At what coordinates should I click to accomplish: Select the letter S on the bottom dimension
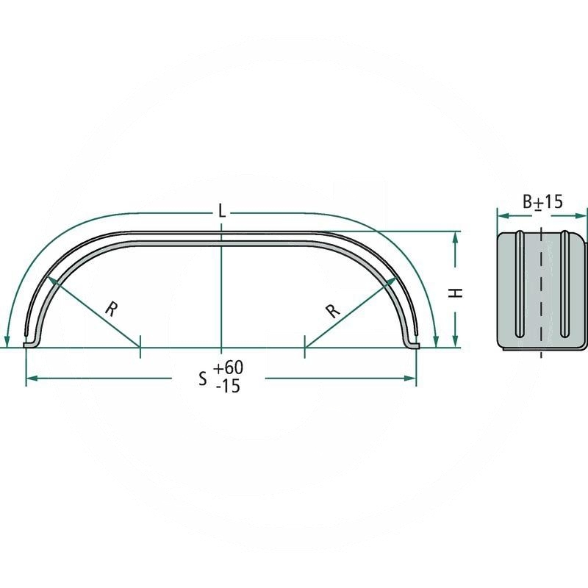coord(203,379)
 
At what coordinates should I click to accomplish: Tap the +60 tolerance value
coord(228,367)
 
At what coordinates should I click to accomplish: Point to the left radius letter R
coord(110,309)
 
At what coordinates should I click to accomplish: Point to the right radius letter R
coord(332,309)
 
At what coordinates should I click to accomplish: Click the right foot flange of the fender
coord(412,344)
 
